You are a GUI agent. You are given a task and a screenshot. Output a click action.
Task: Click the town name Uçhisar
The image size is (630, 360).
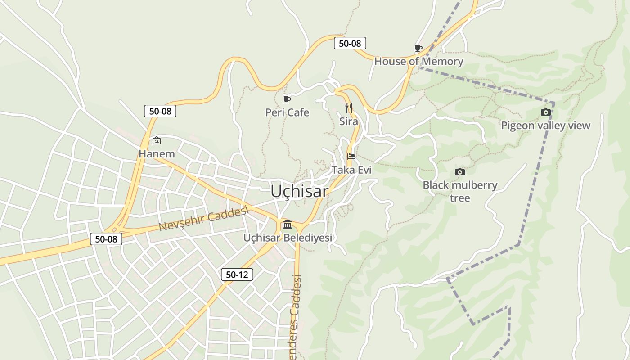click(x=299, y=191)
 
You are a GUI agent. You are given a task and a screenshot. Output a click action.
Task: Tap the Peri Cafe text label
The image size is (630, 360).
click(x=287, y=112)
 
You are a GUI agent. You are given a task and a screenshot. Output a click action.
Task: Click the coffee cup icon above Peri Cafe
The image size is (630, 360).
click(x=287, y=99)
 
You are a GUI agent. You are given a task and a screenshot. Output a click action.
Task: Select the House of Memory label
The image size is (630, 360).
click(x=418, y=62)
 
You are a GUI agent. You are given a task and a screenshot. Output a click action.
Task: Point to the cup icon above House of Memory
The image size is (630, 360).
click(x=418, y=48)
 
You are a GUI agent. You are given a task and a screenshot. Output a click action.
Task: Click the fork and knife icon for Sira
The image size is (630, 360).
click(x=349, y=108)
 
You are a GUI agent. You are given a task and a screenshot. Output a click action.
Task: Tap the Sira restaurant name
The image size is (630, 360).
click(x=349, y=121)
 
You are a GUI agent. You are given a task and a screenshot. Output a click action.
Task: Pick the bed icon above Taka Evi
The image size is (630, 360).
click(x=351, y=157)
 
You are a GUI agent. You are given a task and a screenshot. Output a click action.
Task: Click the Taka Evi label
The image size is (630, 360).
click(x=351, y=170)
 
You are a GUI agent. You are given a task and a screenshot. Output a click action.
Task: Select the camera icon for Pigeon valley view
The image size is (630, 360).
click(x=545, y=112)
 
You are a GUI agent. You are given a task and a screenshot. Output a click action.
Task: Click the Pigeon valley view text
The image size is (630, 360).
click(x=545, y=126)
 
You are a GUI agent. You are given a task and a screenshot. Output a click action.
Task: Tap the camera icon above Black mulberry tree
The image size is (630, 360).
click(x=459, y=172)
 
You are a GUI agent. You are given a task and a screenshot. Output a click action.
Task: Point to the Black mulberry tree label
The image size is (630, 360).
click(x=460, y=191)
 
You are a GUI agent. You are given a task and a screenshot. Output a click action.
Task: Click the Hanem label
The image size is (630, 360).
click(x=157, y=154)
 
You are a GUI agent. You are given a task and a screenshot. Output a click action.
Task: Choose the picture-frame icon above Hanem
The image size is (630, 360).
click(x=156, y=141)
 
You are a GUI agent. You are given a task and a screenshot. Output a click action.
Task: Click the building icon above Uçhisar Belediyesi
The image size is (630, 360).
click(x=288, y=224)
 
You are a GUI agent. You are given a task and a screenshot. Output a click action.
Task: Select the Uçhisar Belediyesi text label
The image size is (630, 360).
click(x=288, y=238)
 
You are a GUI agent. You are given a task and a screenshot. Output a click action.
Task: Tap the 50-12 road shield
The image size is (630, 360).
click(x=237, y=274)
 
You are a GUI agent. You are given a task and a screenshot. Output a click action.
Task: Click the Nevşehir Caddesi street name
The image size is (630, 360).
click(x=204, y=219)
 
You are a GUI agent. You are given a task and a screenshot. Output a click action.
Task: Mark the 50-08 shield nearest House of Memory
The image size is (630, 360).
click(x=350, y=44)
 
